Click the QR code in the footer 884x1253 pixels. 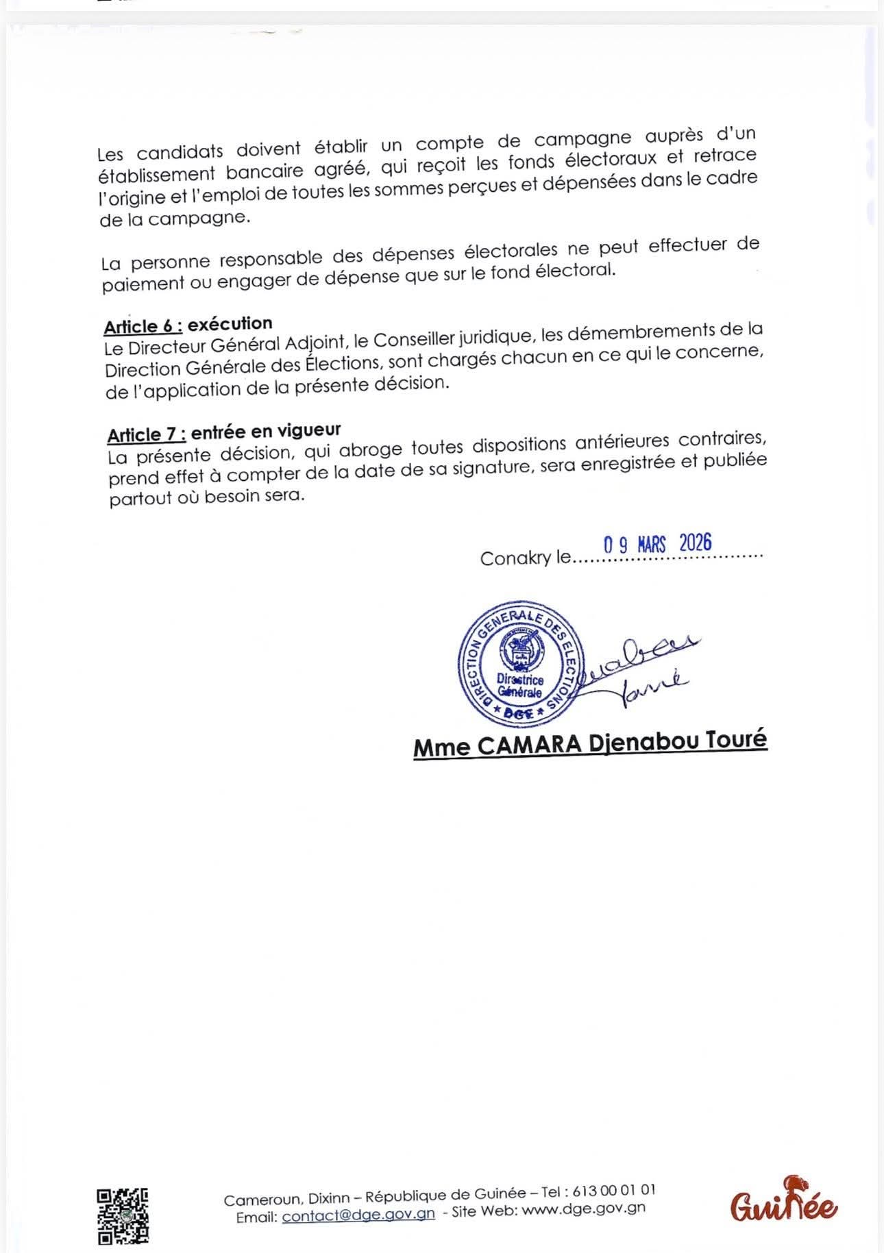point(123,1215)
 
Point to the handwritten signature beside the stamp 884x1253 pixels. point(641,669)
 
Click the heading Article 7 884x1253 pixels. point(146,434)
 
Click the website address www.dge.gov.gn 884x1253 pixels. point(583,1208)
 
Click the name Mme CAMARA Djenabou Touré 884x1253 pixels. point(590,744)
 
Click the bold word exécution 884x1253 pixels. point(230,323)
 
